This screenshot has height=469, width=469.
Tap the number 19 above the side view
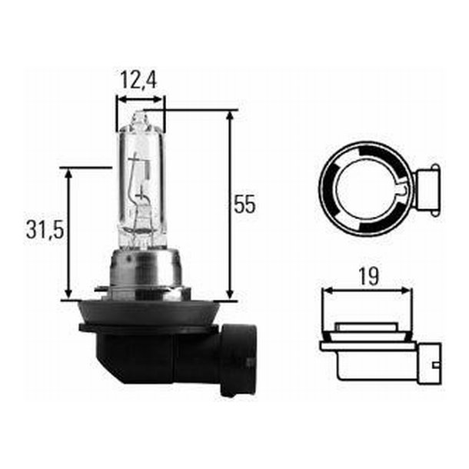pos(368,276)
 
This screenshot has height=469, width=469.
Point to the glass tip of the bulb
pos(138,120)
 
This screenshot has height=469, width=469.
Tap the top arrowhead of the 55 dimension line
pos(229,115)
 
